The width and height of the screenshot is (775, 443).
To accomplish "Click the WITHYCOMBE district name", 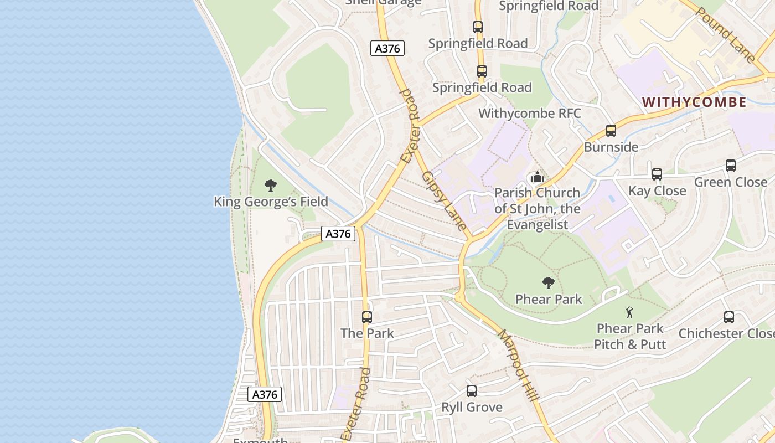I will (x=695, y=102).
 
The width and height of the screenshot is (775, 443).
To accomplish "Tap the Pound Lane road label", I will (x=725, y=34).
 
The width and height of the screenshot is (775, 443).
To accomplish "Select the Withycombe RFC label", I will (x=530, y=114).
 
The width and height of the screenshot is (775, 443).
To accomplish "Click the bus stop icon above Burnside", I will (x=611, y=131).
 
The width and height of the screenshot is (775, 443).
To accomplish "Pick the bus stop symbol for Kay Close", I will (x=657, y=174).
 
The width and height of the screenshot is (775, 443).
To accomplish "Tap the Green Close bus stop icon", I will (x=731, y=166).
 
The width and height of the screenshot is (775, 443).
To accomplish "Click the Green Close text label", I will (x=731, y=182).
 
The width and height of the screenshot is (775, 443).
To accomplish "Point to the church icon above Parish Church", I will (x=537, y=177).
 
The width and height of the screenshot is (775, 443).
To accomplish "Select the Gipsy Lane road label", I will (x=444, y=200).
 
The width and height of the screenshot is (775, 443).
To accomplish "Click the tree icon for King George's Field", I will (x=271, y=185).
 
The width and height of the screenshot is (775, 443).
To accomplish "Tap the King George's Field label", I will (x=271, y=202).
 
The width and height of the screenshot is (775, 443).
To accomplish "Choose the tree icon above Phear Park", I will (x=549, y=283).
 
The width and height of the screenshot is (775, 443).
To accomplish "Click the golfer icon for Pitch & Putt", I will (x=629, y=312).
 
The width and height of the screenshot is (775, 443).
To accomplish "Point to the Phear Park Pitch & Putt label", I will (x=630, y=336).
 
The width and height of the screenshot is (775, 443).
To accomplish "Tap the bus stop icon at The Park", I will (x=367, y=317).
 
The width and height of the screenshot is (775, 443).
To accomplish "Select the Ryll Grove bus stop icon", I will (x=472, y=391).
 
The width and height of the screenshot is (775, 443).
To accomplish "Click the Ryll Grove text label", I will (x=472, y=408).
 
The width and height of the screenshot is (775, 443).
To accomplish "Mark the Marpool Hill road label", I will (x=518, y=365).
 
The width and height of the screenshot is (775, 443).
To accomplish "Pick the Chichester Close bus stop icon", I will (x=729, y=317).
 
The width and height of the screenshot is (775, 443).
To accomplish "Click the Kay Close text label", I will (x=657, y=191).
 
